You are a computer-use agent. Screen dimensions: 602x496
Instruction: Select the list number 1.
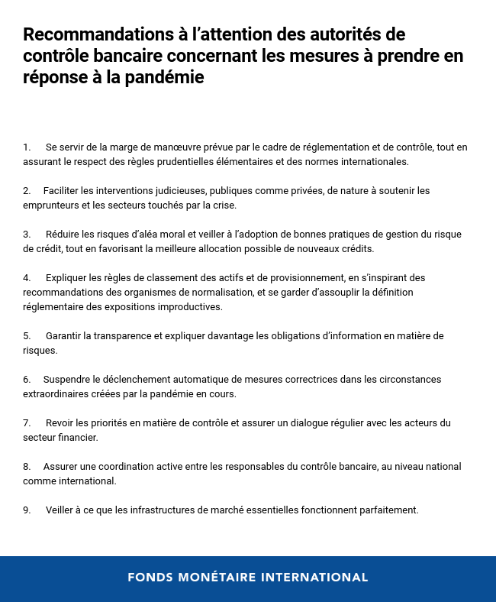(27, 147)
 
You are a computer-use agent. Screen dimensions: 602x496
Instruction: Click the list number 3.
(27, 234)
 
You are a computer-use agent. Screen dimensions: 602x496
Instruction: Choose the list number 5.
(27, 335)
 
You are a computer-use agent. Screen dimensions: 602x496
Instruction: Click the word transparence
(118, 335)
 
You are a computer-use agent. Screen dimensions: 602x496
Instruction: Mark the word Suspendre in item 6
(66, 379)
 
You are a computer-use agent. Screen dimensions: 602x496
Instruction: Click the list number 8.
(27, 466)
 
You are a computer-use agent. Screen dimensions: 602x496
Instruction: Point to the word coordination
(114, 466)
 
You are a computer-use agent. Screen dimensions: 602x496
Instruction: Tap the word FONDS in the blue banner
(150, 578)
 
